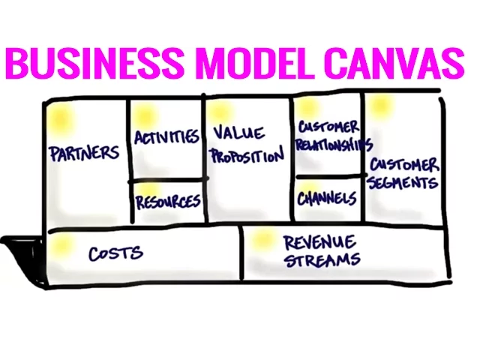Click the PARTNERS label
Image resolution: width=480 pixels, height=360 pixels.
coord(84,153)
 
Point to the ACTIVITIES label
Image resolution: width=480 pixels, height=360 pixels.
coord(166,136)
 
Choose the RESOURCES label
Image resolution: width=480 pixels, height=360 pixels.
coord(168,202)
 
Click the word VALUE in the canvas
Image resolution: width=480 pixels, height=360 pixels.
coord(238,133)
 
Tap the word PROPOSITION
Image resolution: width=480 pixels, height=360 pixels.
coord(247,156)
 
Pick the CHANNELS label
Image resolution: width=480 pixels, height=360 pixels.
coord(326,199)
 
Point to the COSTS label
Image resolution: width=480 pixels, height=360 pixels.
coord(115,253)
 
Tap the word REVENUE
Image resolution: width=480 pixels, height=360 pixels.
coord(319,241)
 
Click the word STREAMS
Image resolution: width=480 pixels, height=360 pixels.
coord(322,260)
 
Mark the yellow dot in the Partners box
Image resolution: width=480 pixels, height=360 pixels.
coord(60,118)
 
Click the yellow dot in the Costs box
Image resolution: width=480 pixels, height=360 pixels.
coord(60,241)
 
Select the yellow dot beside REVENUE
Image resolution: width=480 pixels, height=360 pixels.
coord(263,239)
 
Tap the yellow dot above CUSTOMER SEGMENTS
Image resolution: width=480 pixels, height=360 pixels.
coord(379,104)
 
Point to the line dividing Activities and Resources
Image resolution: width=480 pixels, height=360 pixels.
coord(168,180)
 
